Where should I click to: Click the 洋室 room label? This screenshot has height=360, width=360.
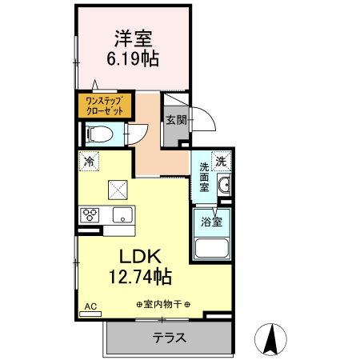click(x=133, y=38)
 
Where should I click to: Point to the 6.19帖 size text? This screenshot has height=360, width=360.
click(x=133, y=58)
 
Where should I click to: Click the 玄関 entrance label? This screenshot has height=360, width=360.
click(x=176, y=120)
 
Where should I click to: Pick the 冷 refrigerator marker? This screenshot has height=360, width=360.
click(x=88, y=159)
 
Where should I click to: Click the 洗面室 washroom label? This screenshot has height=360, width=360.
click(x=204, y=177)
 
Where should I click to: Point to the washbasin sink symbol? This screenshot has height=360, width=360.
click(x=224, y=186)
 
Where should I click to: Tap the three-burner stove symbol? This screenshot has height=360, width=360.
click(x=89, y=214)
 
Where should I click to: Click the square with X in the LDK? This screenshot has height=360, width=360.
click(x=118, y=189)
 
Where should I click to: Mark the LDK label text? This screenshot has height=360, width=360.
click(x=142, y=257)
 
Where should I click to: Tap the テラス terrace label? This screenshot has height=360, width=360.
click(x=169, y=338)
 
